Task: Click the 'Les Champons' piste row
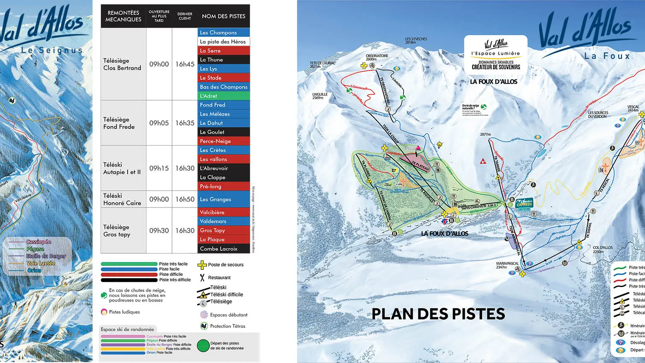[x=223, y=32]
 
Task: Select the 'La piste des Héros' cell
[x=223, y=41]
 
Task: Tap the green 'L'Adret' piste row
[x=223, y=96]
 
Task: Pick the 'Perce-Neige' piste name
[x=223, y=141]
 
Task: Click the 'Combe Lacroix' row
[x=223, y=249]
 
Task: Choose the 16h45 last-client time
[x=185, y=64]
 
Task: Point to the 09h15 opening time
[x=159, y=168]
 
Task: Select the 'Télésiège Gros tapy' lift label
[x=117, y=231]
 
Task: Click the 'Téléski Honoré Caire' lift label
[x=122, y=199]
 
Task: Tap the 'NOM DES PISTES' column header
[x=223, y=16]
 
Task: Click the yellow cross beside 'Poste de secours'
[x=202, y=265]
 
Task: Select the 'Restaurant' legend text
[x=219, y=278]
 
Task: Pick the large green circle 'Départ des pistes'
[x=203, y=345]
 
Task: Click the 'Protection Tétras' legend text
[x=228, y=326]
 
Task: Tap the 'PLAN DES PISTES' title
[x=438, y=314]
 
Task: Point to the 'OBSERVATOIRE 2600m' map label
[x=376, y=58]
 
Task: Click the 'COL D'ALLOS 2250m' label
[x=602, y=249]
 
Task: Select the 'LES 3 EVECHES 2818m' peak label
[x=416, y=41]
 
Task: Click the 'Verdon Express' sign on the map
[x=524, y=203]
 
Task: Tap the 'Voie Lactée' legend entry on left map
[x=41, y=263]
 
